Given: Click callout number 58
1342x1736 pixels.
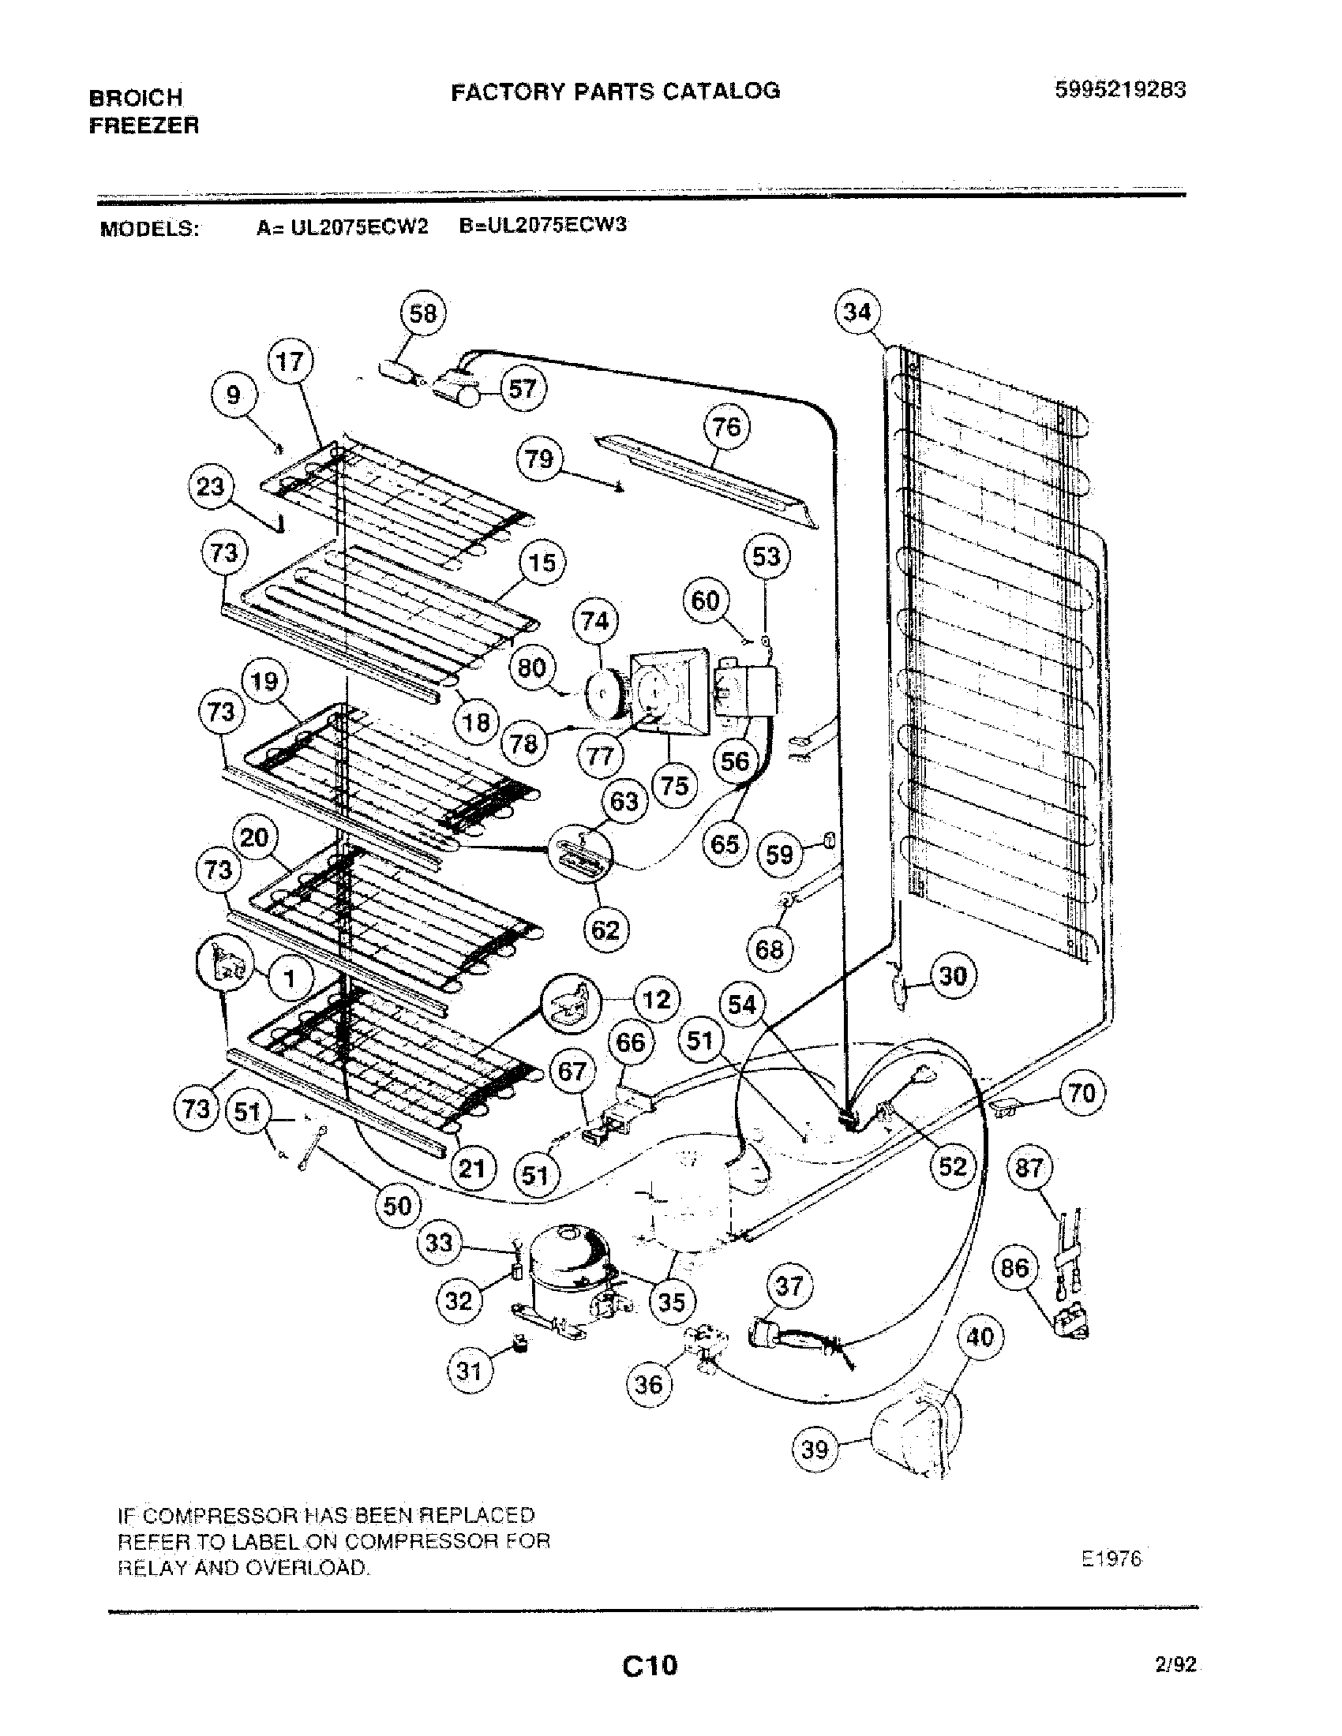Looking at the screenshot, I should click(422, 313).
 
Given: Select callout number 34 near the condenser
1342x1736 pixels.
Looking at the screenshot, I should click(857, 312).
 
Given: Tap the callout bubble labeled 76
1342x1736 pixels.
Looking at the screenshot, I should click(726, 428).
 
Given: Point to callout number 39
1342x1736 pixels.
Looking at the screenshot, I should click(815, 1450).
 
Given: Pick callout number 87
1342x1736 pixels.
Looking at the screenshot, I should click(1029, 1169).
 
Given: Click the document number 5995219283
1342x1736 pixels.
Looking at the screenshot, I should click(1119, 90).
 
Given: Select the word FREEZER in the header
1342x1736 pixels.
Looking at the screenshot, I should click(144, 125).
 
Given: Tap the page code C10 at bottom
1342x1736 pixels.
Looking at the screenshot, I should click(650, 1664).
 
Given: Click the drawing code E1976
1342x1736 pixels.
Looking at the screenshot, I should click(1111, 1560).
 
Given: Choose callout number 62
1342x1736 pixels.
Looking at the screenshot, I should click(605, 930).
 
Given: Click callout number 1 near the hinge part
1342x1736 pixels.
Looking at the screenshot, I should click(290, 978).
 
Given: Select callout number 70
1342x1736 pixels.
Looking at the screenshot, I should click(1082, 1094).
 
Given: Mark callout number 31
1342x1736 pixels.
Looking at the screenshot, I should click(470, 1371).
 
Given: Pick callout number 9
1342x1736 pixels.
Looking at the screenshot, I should click(233, 395).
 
